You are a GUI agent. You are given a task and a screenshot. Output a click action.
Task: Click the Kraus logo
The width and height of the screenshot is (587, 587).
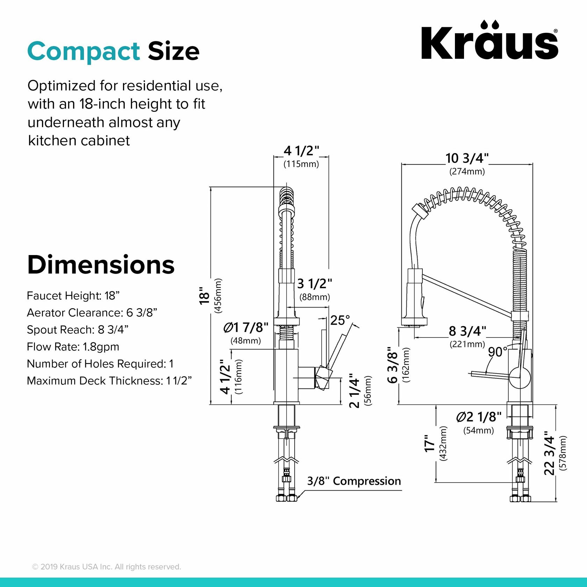489,41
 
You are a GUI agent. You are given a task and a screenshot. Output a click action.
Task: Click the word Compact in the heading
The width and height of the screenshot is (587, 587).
84,51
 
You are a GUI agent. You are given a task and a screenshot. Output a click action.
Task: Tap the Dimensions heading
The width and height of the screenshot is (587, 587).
101,265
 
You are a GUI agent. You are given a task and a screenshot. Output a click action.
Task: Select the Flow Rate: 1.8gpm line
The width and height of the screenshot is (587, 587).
73,347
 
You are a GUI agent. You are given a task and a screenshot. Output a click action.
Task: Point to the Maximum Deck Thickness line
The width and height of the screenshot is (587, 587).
109,381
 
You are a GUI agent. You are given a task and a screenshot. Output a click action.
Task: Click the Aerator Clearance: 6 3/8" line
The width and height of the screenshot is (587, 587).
92,312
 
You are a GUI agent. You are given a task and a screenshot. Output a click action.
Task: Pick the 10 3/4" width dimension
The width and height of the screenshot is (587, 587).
467,158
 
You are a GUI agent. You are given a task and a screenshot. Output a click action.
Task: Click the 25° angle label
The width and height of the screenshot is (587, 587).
340,320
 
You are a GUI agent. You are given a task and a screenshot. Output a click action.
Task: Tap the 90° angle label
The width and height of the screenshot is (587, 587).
498,352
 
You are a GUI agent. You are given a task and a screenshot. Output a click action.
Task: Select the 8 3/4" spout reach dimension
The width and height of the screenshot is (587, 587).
467,331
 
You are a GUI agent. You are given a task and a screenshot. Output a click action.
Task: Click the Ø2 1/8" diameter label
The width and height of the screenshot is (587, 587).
479,417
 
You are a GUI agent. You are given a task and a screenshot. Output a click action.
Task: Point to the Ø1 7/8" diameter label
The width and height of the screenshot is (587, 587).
246,327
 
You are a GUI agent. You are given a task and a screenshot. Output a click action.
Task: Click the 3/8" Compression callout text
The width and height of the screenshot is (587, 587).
354,481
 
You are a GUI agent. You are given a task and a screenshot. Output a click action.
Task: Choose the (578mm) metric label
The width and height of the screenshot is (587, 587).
563,453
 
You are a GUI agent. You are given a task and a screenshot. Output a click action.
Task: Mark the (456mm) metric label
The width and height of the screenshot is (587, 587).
218,296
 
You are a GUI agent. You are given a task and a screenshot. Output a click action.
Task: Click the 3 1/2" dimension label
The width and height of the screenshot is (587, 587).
314,284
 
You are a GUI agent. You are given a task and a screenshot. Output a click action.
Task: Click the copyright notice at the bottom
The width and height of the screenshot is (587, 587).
107,567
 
